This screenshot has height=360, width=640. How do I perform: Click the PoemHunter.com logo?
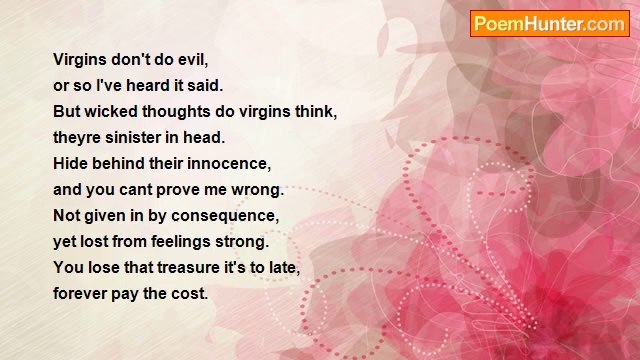(x=549, y=24)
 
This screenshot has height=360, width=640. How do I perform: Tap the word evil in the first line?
(x=190, y=60)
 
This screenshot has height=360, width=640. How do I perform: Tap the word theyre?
(x=76, y=138)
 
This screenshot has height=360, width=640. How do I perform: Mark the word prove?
(x=191, y=190)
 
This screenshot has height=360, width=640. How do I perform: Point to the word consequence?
(x=231, y=216)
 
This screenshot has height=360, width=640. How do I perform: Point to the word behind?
(x=123, y=164)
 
